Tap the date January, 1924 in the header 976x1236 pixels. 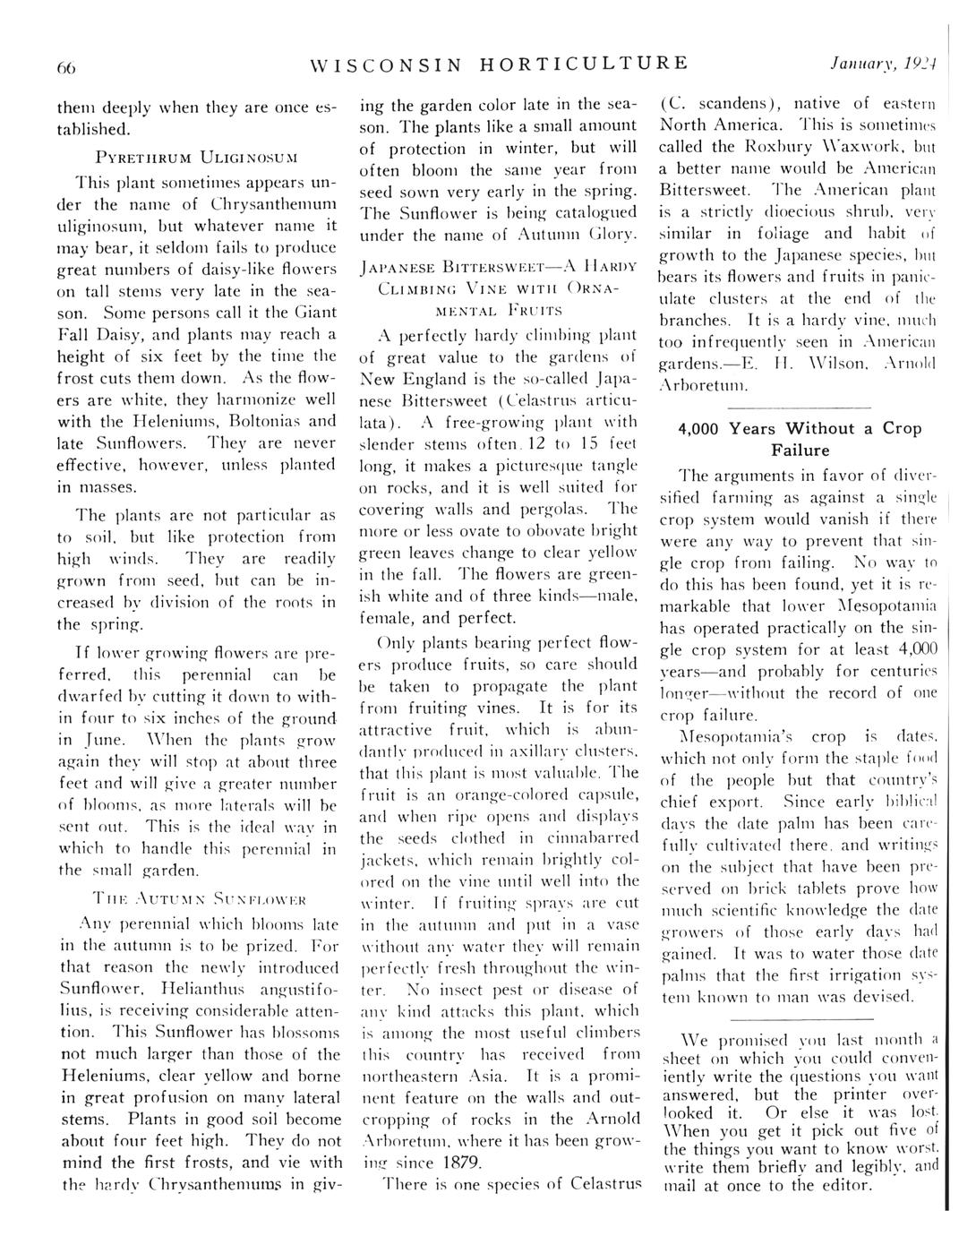point(886,64)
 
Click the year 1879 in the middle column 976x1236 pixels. point(461,1163)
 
